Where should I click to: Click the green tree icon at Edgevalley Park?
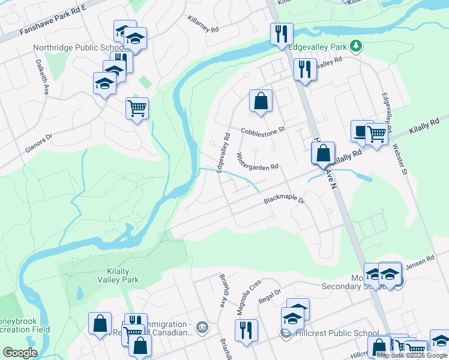click(x=356, y=46)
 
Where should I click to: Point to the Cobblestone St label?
click(x=262, y=130)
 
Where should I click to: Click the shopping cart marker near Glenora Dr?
click(x=137, y=109)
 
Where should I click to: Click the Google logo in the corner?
click(x=20, y=353)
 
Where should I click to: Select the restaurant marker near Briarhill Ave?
click(x=246, y=330)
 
